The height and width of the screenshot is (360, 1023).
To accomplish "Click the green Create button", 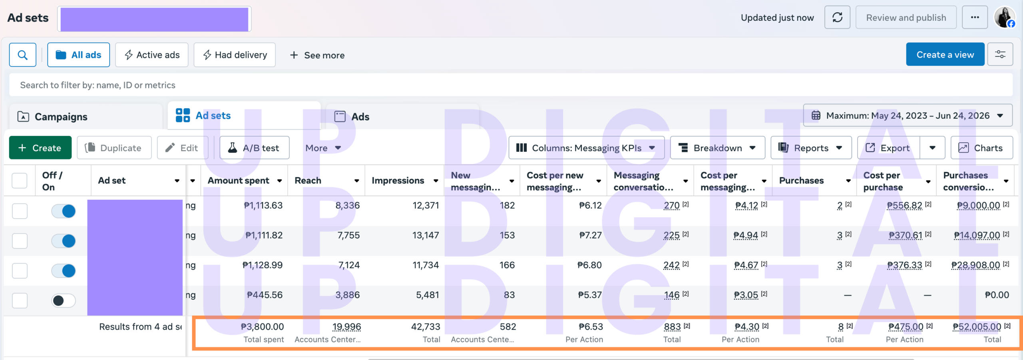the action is pyautogui.click(x=40, y=148).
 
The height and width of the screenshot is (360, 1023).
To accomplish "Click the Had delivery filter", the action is pyautogui.click(x=235, y=55).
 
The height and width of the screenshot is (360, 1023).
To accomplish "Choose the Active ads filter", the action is pyautogui.click(x=152, y=55).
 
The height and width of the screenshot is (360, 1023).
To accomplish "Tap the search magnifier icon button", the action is pyautogui.click(x=23, y=55).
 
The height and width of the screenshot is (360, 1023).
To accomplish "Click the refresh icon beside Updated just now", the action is pyautogui.click(x=837, y=18).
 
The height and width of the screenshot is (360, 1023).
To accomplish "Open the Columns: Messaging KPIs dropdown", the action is pyautogui.click(x=586, y=148).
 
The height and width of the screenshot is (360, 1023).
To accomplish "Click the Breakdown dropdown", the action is pyautogui.click(x=717, y=148).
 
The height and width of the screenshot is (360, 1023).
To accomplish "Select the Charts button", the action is pyautogui.click(x=981, y=148).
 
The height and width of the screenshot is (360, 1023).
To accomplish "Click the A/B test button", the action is pyautogui.click(x=254, y=148).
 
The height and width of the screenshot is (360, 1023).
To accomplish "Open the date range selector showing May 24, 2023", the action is pyautogui.click(x=908, y=115).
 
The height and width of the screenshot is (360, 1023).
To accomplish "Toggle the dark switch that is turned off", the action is pyautogui.click(x=63, y=300).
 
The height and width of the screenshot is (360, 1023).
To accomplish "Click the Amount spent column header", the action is pyautogui.click(x=239, y=181).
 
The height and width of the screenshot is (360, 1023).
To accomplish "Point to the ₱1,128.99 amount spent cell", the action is pyautogui.click(x=263, y=265).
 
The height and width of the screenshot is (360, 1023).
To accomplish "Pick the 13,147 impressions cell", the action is pyautogui.click(x=426, y=235).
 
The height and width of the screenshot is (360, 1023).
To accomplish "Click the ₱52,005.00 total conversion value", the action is pyautogui.click(x=977, y=327).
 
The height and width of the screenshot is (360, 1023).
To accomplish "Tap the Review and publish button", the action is pyautogui.click(x=906, y=18).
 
